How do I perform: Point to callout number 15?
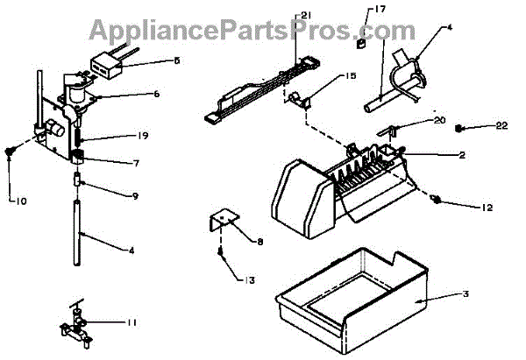pos(326,77)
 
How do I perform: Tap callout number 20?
pos(438,120)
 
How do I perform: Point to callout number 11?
pos(132,323)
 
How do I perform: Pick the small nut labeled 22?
pos(461,129)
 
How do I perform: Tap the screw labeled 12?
pos(435,199)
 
